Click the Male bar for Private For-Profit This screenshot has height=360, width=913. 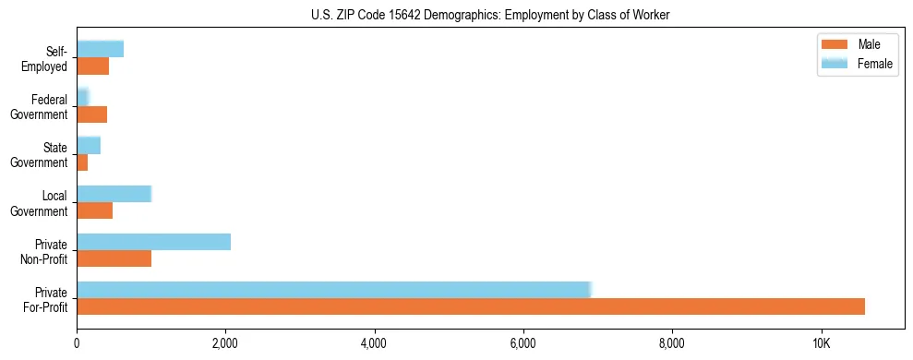[x=471, y=306]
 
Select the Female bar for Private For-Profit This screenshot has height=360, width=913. [x=333, y=290]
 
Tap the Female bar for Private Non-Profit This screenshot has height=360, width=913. [x=153, y=242]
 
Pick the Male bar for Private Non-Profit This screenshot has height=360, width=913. [x=114, y=258]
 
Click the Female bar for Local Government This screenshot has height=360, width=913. [x=114, y=194]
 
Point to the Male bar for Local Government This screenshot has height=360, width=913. [x=94, y=210]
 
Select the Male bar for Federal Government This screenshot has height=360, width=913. [x=91, y=114]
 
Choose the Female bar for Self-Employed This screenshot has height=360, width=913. [x=100, y=49]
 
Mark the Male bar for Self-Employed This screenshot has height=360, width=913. [x=92, y=66]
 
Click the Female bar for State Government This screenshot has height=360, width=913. [x=89, y=145]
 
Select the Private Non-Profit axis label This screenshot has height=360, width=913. [x=46, y=251]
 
